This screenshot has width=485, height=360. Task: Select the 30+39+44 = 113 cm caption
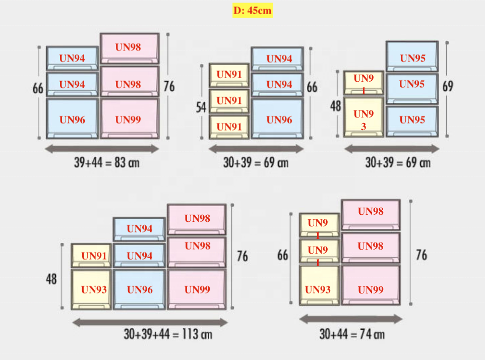[x=167, y=334]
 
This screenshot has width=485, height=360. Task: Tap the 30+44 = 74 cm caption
[x=351, y=333]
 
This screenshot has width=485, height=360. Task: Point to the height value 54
[x=201, y=107]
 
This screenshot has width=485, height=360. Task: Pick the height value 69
[x=448, y=86]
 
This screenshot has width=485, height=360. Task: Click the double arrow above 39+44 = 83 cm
[x=102, y=148]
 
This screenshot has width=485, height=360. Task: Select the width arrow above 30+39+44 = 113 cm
[x=150, y=321]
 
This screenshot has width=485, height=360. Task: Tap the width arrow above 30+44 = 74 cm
[x=351, y=319]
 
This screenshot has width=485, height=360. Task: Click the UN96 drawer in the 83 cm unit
[x=72, y=119]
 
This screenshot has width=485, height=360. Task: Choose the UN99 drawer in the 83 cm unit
[x=129, y=119]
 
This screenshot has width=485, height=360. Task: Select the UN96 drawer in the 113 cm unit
[x=140, y=289]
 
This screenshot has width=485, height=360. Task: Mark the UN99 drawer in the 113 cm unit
[x=197, y=289]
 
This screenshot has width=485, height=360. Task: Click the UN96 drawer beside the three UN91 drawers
[x=278, y=119]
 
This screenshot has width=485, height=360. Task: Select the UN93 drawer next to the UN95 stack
[x=363, y=118]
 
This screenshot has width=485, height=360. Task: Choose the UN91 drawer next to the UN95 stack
[x=363, y=83]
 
